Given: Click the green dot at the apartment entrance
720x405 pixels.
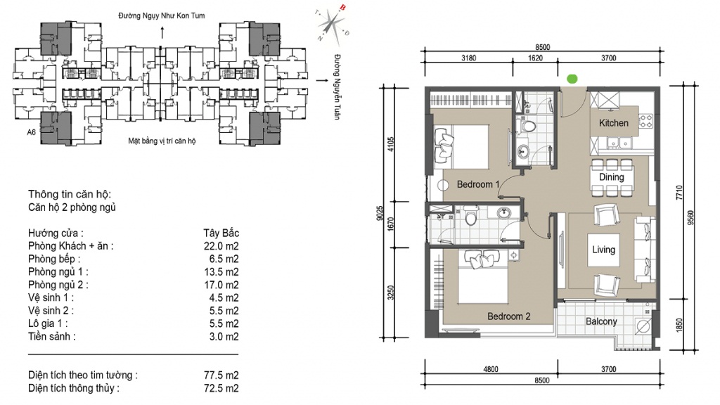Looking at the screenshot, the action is pos(572,79).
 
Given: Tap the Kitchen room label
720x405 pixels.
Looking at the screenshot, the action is pos(613,123).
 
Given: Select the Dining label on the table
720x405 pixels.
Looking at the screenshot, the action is pos(611,177).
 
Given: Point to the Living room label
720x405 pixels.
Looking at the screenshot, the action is pos(603,250).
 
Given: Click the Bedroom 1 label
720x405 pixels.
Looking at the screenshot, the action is pos(478,185).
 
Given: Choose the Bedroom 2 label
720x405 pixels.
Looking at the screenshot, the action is pos(509,316).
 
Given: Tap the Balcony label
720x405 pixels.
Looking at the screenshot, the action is pos(601,321).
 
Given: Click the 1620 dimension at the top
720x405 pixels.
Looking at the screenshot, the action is pos(535,58).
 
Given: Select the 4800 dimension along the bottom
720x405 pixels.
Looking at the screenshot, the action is pos(490,369).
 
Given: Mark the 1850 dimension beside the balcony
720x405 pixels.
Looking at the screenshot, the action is pos(679,325).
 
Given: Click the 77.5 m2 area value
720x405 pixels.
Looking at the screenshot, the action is pos(221,375).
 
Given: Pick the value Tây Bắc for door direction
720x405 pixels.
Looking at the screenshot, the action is pos(221,233).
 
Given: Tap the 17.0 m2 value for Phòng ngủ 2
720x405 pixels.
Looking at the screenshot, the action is pos(221,285).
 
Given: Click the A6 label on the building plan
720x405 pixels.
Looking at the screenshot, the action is pos(31,132).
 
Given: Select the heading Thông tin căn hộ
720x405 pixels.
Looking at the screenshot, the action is pos(70,194).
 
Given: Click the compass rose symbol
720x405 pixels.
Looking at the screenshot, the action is pos(332,24).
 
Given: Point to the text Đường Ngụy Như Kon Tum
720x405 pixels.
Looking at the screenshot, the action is pos(162,15).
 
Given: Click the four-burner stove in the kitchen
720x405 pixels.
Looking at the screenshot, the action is pos(646,121).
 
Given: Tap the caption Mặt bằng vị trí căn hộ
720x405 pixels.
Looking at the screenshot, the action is pos(162,141).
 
